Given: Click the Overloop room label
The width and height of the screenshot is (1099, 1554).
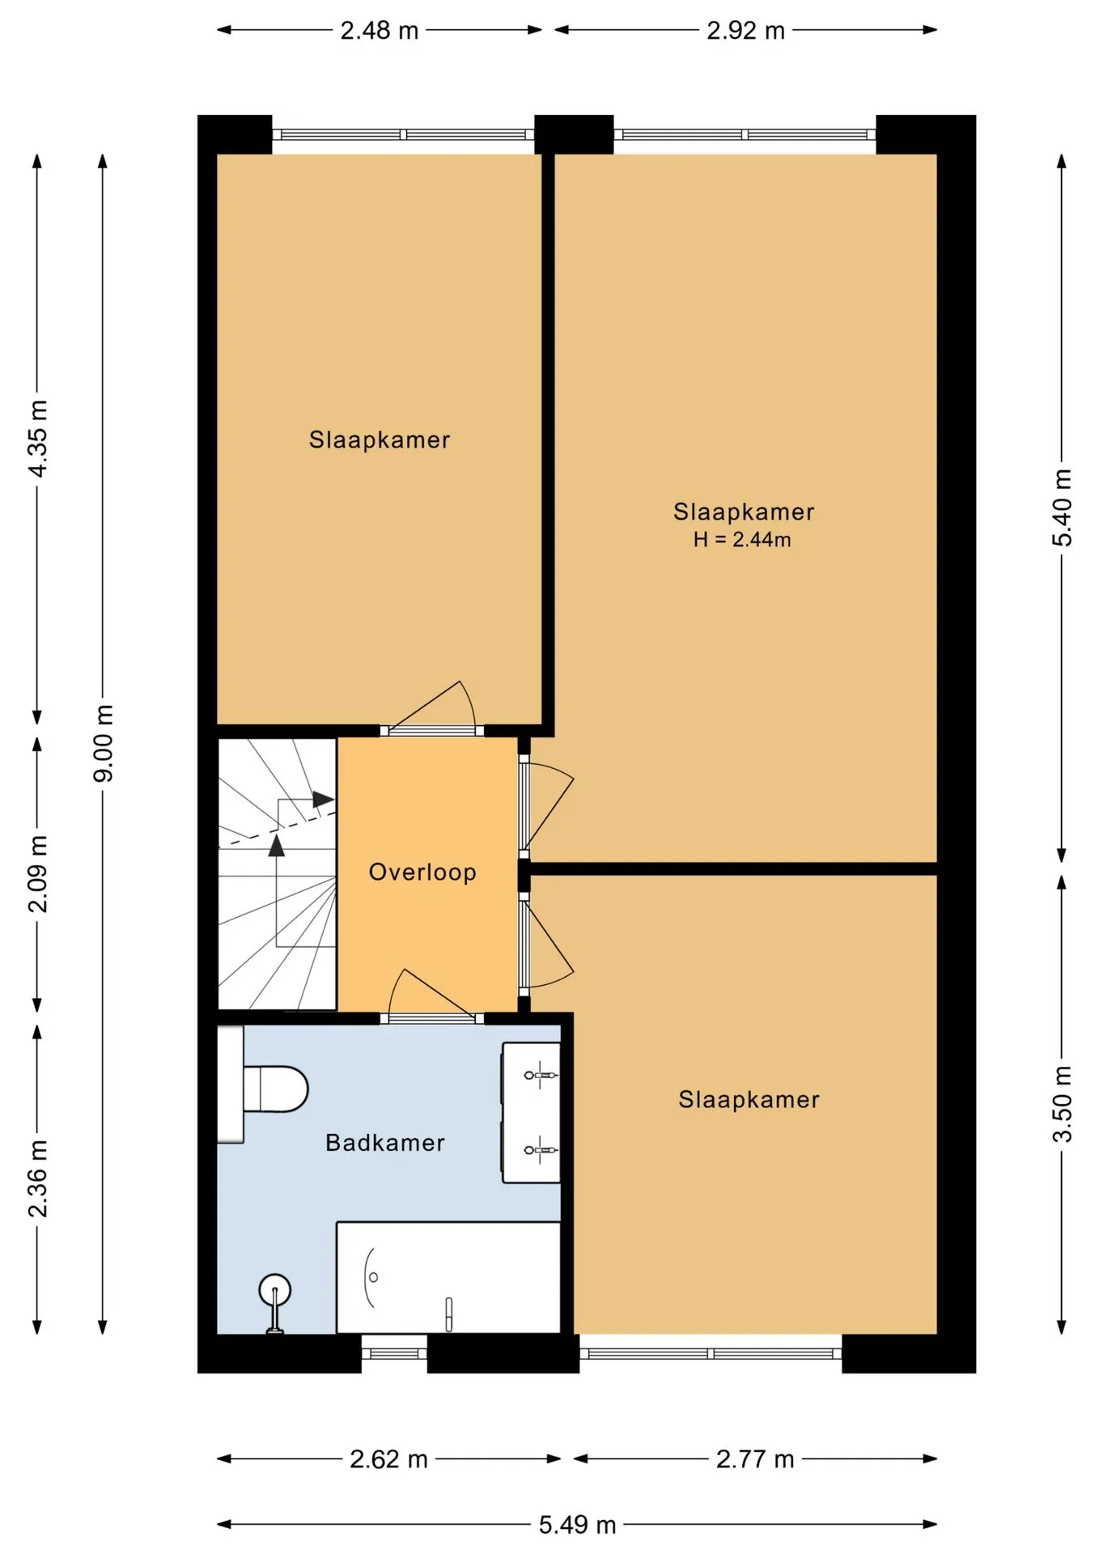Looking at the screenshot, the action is (x=422, y=873).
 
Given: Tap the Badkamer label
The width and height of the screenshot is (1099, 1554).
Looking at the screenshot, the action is (x=385, y=1143).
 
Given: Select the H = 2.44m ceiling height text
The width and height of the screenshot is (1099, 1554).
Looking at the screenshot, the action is (x=742, y=540).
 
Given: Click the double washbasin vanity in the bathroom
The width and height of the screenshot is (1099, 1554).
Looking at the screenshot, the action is (x=532, y=1113).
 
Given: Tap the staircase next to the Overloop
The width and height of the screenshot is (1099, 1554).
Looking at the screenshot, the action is (x=278, y=874).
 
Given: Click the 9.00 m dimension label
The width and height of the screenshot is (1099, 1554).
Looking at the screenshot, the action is (x=104, y=743).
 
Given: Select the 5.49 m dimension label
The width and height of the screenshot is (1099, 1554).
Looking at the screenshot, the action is (x=578, y=1525).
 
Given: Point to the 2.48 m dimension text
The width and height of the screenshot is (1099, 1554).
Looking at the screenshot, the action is (x=380, y=31).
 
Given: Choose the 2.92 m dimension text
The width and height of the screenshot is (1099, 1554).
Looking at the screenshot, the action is (x=746, y=31).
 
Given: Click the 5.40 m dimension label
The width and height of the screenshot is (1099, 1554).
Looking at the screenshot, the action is (x=1062, y=507).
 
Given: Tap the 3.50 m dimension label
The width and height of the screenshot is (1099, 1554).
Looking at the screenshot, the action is (x=1062, y=1103).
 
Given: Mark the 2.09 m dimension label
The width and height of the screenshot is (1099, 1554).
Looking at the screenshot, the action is (x=38, y=874).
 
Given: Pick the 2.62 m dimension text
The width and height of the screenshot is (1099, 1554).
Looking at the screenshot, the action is (x=389, y=1459).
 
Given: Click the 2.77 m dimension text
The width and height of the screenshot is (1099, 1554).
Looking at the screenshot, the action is (x=755, y=1459).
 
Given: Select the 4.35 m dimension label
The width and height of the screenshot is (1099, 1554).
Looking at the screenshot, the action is (x=38, y=438).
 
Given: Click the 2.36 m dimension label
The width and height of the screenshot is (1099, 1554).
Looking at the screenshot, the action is (x=38, y=1178).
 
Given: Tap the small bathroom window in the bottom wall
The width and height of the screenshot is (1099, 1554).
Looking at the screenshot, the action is (x=394, y=1353).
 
